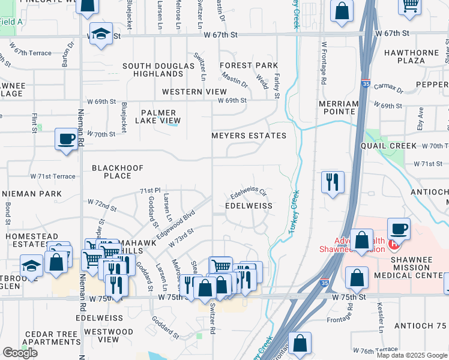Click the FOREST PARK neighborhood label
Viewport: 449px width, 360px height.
click(249, 65)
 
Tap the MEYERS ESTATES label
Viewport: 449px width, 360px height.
click(249, 136)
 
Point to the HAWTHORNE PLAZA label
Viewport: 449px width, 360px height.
click(412, 57)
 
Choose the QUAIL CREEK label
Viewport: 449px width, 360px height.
click(388, 146)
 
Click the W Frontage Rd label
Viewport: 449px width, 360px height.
click(324, 62)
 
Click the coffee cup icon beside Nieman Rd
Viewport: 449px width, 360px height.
click(66, 140)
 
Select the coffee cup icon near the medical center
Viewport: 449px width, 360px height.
click(399, 229)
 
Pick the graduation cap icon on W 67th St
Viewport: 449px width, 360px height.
click(101, 34)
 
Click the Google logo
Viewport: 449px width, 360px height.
click(20, 353)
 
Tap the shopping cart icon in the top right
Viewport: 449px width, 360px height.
click(410, 5)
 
